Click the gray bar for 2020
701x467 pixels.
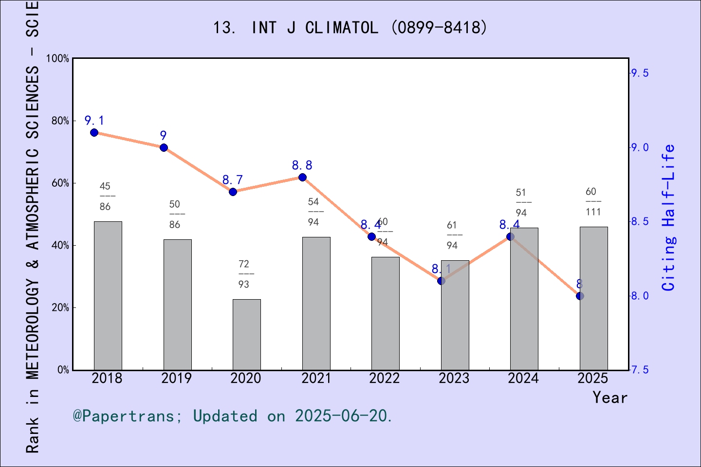(246, 335)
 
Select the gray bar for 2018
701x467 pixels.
(108, 296)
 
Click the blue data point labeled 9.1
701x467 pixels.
(94, 133)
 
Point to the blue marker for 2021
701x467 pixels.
(302, 177)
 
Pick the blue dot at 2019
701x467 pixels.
(164, 147)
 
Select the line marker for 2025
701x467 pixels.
(580, 296)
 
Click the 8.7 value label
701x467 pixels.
(233, 180)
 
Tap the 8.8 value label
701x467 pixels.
(302, 165)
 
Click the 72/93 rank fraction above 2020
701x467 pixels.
(244, 274)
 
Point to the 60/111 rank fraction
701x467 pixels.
(593, 202)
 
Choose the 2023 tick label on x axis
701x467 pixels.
(454, 378)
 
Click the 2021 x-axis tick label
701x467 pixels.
(316, 378)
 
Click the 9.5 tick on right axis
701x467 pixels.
(640, 73)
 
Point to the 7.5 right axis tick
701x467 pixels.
(640, 370)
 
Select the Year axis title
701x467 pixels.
(610, 397)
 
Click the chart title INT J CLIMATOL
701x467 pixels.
(350, 28)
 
